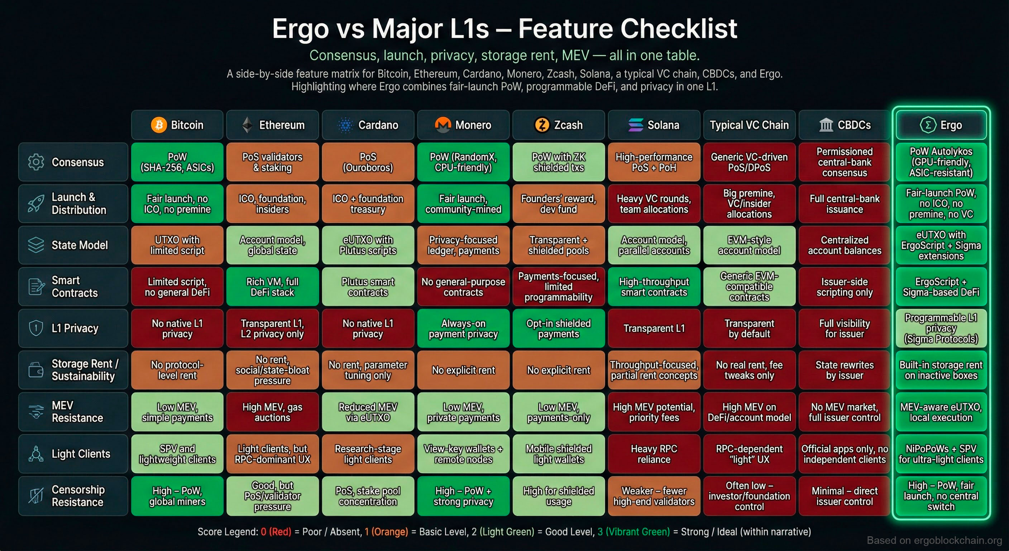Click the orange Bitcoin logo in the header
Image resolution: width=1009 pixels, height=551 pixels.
click(159, 125)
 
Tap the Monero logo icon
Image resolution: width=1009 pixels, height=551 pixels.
click(443, 125)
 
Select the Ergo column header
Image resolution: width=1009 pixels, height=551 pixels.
click(941, 125)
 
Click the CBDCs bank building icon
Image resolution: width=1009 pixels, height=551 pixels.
click(826, 125)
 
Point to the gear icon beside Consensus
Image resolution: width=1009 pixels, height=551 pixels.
click(36, 162)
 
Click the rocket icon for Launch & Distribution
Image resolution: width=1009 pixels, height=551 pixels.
click(36, 203)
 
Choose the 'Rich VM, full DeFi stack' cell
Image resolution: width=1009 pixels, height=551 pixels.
click(272, 287)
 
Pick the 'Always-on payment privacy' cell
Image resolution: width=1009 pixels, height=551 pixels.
click(463, 328)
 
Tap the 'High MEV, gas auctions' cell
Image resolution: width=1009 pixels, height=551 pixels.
click(272, 412)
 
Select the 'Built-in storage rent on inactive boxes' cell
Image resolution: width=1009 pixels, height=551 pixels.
click(941, 370)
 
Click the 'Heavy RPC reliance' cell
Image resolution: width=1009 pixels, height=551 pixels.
click(654, 454)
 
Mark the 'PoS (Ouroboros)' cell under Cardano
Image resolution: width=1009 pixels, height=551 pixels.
click(368, 162)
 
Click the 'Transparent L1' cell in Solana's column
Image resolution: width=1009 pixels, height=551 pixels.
click(654, 328)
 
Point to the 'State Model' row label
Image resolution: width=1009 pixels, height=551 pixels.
click(80, 245)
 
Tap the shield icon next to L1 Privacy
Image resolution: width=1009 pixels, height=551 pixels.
click(36, 328)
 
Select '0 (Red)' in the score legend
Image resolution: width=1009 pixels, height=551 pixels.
click(276, 532)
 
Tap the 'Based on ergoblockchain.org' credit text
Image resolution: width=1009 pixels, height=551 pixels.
click(934, 540)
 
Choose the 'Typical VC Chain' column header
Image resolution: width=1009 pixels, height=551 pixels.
click(749, 125)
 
